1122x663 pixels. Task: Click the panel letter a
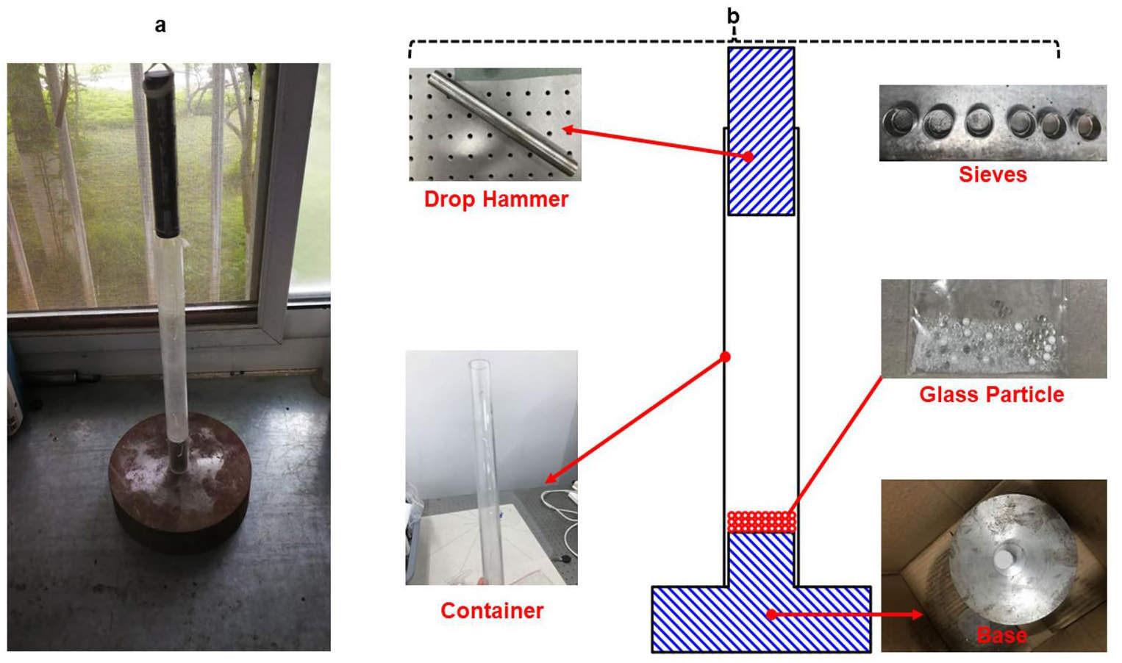pos(160,25)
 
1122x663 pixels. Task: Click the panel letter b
pos(733,16)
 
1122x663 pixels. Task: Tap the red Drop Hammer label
pos(496,199)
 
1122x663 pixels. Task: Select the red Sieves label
pos(993,174)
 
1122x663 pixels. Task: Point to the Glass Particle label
pos(992,395)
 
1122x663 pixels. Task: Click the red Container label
pos(492,611)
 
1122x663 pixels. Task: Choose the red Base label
pos(1001,635)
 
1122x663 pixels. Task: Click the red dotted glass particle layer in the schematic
pos(762,521)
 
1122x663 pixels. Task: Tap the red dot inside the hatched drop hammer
pos(748,157)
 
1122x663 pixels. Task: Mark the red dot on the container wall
pos(725,357)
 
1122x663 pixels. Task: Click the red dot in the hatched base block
pos(771,614)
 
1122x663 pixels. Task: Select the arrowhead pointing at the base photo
pos(917,614)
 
